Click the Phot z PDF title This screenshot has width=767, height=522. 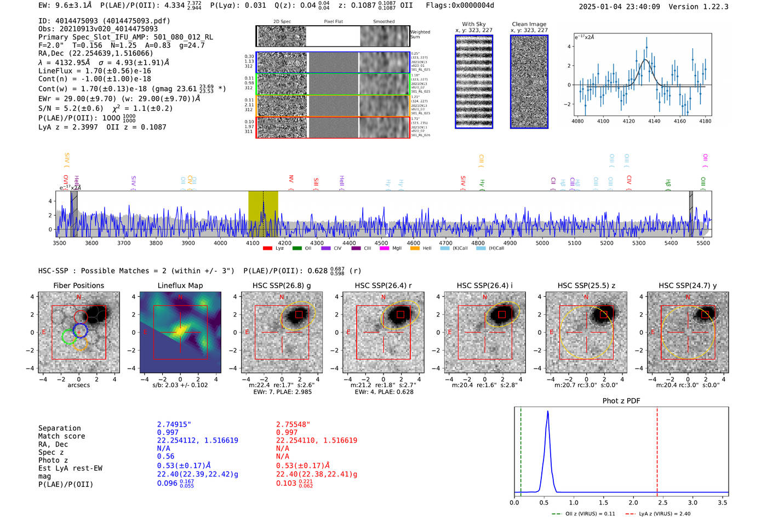coord(621,401)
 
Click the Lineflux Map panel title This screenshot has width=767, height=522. coord(180,285)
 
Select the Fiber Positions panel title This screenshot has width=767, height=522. coord(79,285)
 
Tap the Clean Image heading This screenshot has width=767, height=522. coord(529,24)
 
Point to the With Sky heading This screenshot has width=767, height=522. coord(474,24)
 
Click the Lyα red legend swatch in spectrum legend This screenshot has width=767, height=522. coord(267,248)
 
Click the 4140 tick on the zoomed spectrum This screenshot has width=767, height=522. coord(654,121)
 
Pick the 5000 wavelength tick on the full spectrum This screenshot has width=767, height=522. coord(542,243)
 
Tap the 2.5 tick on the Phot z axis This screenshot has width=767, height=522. coord(663,502)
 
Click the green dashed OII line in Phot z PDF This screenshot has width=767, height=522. coord(520,449)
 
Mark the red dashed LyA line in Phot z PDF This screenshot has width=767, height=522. coord(657,449)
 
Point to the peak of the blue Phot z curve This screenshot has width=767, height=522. coord(547,411)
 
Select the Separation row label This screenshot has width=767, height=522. coord(60,428)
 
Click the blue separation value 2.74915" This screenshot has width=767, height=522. coord(174,425)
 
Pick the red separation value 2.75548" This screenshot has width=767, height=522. coord(293,425)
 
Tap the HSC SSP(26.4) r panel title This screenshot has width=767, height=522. coord(383,285)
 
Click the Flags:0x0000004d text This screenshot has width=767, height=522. coord(460,5)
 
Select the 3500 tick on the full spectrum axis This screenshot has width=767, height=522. coord(59,243)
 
